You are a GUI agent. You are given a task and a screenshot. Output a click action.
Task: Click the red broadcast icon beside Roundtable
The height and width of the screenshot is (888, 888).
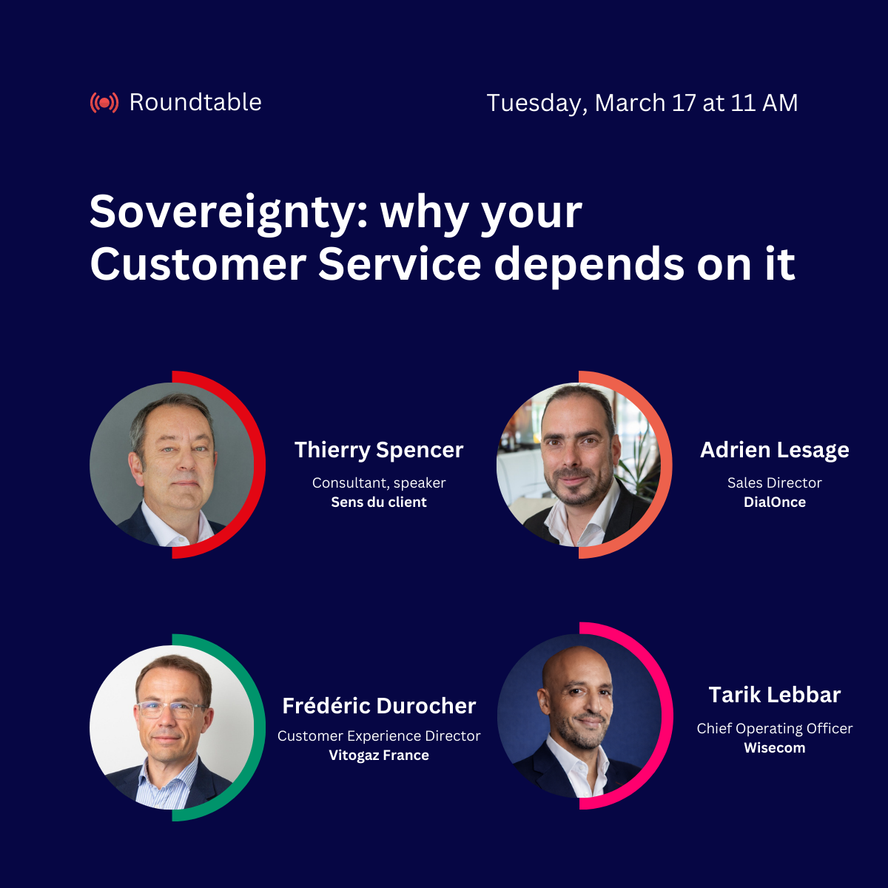[104, 102]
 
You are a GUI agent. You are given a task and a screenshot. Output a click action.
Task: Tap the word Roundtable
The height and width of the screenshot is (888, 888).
[195, 102]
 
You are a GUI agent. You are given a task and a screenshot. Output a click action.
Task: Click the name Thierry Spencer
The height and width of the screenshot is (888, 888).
[379, 450]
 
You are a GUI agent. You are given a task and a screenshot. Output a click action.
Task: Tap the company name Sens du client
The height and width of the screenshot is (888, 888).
[379, 502]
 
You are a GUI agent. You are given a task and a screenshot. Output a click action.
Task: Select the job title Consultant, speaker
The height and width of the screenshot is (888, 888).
[379, 482]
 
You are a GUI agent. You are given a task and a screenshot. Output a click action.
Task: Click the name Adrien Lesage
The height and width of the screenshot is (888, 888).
[775, 450]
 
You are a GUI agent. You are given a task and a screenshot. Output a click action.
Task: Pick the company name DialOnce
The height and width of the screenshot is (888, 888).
[775, 502]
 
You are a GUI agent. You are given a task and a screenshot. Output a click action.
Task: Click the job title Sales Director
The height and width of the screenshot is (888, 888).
[775, 482]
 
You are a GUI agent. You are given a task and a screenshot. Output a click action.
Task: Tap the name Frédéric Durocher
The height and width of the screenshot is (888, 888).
[379, 706]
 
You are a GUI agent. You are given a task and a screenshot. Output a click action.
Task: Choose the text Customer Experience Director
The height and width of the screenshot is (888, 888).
[379, 736]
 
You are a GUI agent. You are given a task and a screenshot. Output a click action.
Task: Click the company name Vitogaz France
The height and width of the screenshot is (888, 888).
[379, 755]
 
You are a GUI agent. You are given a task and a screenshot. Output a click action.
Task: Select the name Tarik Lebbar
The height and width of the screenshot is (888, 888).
[775, 695]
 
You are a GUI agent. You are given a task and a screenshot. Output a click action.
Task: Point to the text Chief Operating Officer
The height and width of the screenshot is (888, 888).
[775, 728]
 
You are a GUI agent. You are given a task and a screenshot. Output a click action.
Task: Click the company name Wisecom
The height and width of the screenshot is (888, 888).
[775, 747]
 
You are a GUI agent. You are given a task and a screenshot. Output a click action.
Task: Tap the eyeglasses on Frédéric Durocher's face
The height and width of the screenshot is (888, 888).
[171, 710]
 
